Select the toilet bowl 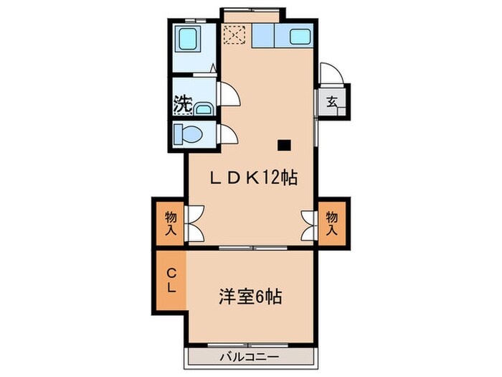[x=189, y=134]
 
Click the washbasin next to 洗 [x=204, y=109]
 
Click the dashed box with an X [x=234, y=34]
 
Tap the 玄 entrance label [x=333, y=101]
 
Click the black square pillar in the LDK [x=285, y=144]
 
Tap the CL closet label [x=172, y=280]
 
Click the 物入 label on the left [x=171, y=223]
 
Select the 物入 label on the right [x=332, y=223]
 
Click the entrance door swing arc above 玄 [x=329, y=74]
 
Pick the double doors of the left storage [x=196, y=223]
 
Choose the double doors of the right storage [x=308, y=223]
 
